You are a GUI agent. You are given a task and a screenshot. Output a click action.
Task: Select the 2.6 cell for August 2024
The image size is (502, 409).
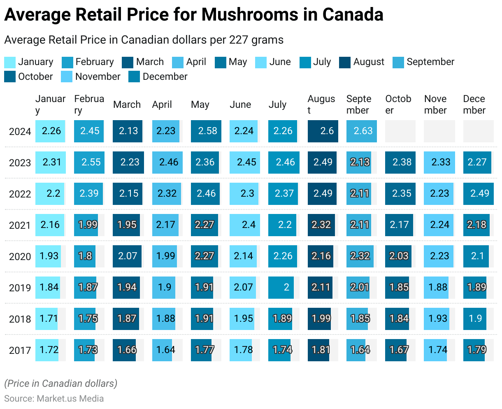323,131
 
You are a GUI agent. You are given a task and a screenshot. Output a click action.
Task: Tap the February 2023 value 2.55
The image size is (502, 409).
89,163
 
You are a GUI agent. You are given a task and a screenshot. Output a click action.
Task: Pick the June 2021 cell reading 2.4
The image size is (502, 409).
245,225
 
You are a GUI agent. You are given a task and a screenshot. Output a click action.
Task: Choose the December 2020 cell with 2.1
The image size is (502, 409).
477,256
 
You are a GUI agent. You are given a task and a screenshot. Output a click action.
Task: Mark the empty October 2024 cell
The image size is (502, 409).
400,131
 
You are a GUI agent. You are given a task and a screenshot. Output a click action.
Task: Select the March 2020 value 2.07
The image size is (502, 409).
127,256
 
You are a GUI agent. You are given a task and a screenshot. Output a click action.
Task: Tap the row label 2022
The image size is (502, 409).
20,194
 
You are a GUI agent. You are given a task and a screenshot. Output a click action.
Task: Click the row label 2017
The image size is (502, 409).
20,350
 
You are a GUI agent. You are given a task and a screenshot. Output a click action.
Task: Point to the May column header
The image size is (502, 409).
200,105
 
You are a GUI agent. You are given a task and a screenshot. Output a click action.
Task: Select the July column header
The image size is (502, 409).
277,105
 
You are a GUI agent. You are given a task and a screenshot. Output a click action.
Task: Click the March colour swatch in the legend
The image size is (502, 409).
128,62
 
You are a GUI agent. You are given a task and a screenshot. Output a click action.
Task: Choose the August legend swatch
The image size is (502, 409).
345,62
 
